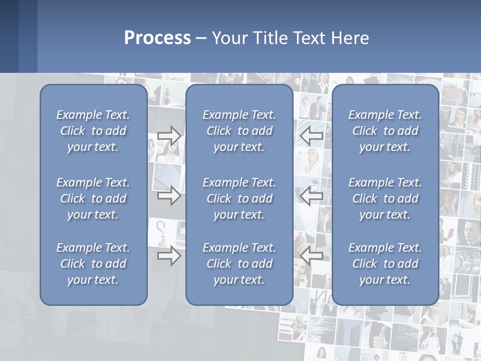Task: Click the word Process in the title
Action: click(157, 38)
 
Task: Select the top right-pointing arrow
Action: click(169, 135)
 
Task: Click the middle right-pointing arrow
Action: click(169, 196)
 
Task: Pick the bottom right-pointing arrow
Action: click(169, 256)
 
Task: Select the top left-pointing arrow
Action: click(312, 135)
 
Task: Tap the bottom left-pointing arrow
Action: click(312, 256)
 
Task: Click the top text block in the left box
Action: click(93, 131)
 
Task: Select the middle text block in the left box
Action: click(93, 199)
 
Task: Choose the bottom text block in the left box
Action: click(93, 264)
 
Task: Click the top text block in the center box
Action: click(239, 131)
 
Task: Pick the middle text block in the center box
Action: click(239, 199)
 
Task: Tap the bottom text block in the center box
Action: click(239, 264)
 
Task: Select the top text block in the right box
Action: click(385, 131)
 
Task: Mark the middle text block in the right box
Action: click(385, 199)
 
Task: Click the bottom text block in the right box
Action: click(385, 264)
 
